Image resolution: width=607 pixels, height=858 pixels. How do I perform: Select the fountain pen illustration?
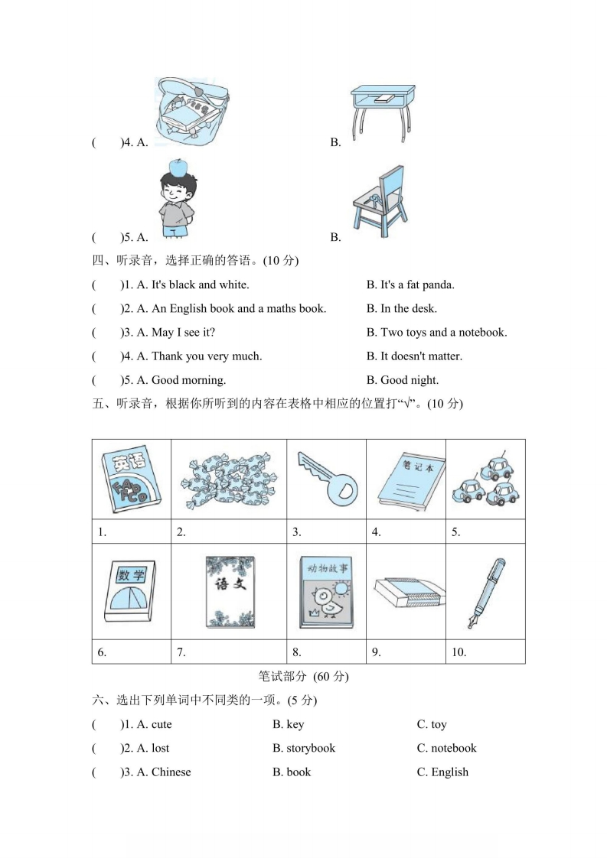tap(485, 593)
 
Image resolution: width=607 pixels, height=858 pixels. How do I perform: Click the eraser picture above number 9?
tap(406, 593)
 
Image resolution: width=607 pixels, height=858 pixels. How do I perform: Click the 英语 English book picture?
tap(130, 479)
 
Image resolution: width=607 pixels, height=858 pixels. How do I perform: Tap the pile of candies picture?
tap(228, 479)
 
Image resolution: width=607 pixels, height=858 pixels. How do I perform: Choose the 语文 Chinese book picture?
tap(229, 592)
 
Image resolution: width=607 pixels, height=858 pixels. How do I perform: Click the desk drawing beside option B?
tap(381, 112)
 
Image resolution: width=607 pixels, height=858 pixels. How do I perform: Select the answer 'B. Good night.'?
tap(403, 380)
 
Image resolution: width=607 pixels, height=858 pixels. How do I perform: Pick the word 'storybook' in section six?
tap(311, 748)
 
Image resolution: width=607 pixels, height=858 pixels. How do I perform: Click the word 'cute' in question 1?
tap(162, 724)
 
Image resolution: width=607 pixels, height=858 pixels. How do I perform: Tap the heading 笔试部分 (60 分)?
tap(304, 677)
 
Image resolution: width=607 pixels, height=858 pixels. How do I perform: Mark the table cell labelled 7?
tap(229, 652)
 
